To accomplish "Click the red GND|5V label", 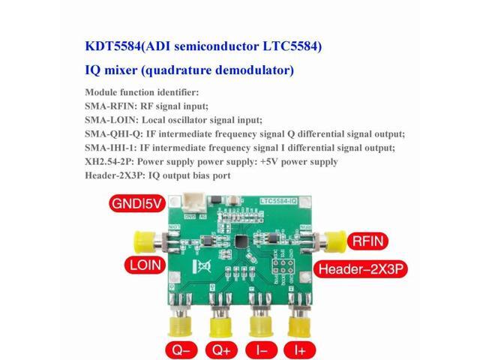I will click(136, 204).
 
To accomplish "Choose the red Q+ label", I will click(223, 349).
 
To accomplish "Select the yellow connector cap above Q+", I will click(222, 324).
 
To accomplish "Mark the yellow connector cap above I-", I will click(262, 324).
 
